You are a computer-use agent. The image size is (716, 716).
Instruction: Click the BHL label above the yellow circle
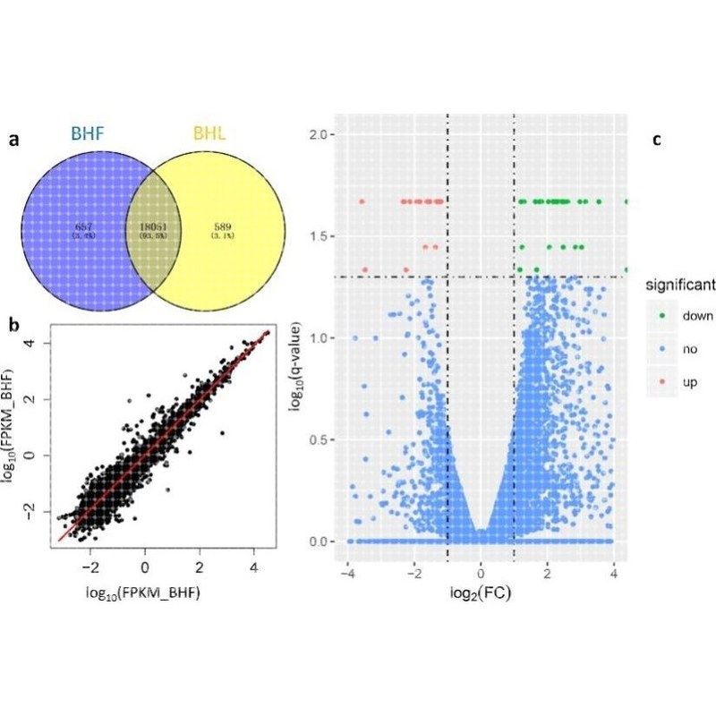coord(210,134)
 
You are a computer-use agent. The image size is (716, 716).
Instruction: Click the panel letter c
coord(657,140)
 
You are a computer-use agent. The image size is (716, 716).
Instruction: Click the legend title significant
coord(681,286)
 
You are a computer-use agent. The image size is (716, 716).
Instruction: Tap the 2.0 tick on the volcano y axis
coord(323,134)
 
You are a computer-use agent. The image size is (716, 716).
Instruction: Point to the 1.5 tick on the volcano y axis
coord(323,236)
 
